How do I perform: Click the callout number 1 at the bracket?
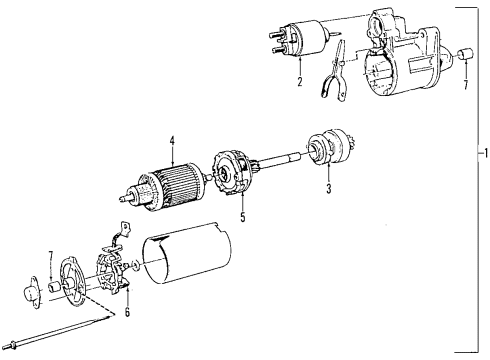point(484,155)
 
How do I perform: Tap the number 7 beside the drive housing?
point(465,85)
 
